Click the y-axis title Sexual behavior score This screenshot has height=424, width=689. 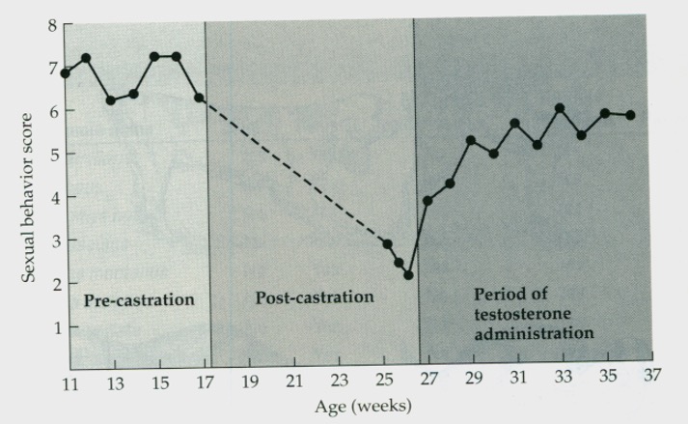(28, 198)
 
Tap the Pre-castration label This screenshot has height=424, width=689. (139, 299)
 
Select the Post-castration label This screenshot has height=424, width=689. (314, 297)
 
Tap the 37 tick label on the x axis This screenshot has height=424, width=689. (653, 377)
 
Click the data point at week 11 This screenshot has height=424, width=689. (66, 73)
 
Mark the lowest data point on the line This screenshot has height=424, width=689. (408, 275)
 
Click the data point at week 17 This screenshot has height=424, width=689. (199, 98)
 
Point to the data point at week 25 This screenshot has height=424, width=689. (387, 244)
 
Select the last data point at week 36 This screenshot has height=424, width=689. (630, 115)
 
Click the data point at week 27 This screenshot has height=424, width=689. (427, 201)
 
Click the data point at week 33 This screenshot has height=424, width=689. (560, 108)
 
